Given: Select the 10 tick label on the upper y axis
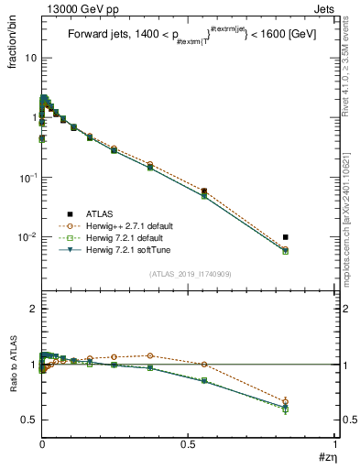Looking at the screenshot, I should [30, 58].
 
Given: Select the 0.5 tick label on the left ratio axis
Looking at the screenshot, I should [28, 420].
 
